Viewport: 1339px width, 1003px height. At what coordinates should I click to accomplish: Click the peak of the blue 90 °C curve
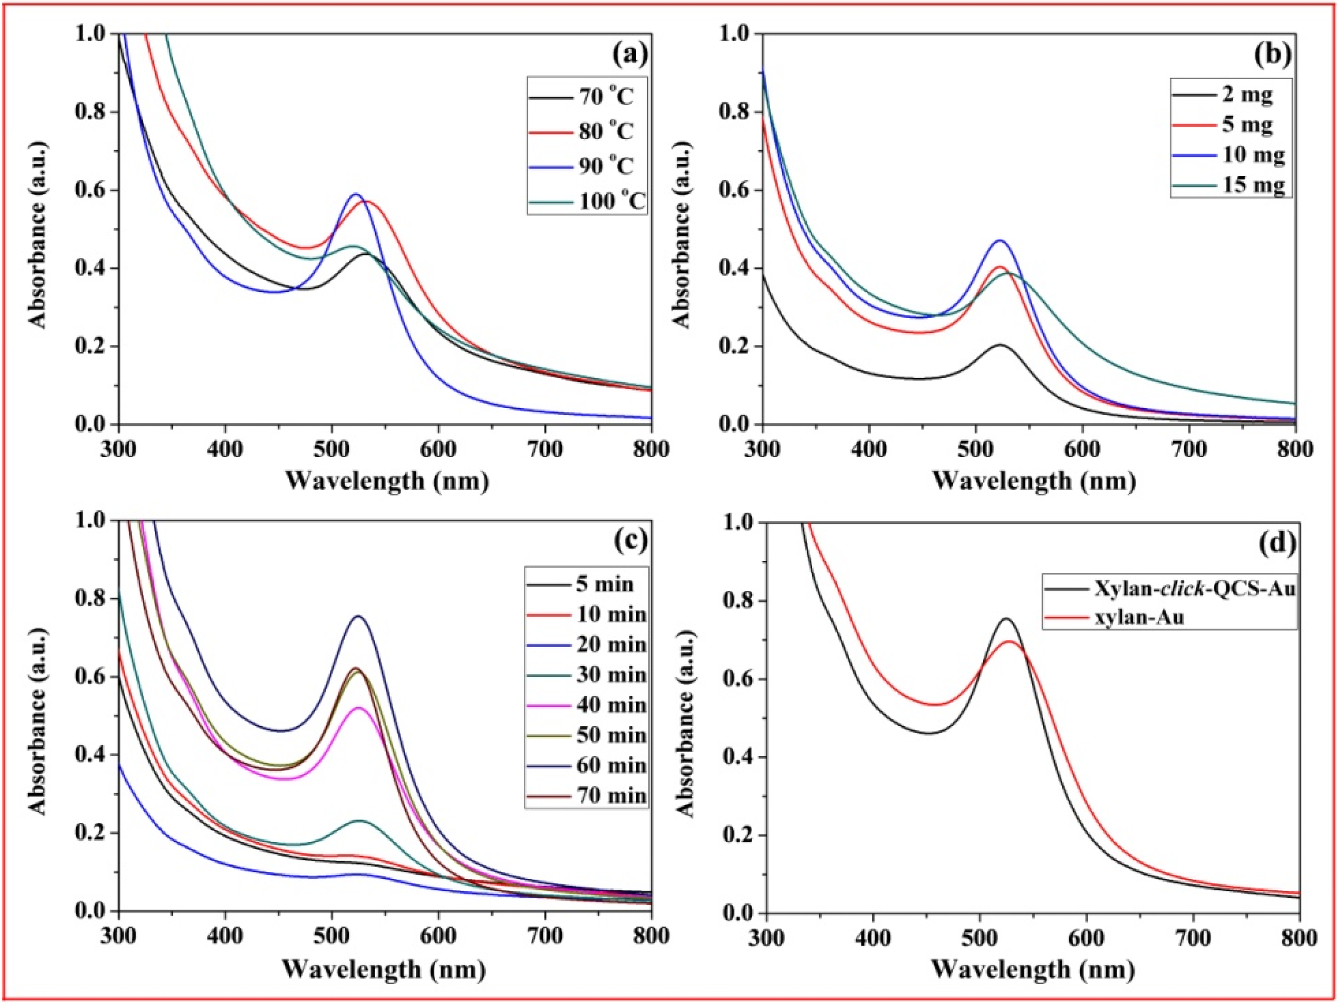(x=356, y=194)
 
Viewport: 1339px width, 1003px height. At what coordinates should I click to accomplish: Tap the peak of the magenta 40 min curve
(x=359, y=708)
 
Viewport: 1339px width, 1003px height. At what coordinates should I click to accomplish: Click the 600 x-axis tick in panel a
(x=438, y=449)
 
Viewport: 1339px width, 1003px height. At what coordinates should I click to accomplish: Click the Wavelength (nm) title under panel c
(x=384, y=969)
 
